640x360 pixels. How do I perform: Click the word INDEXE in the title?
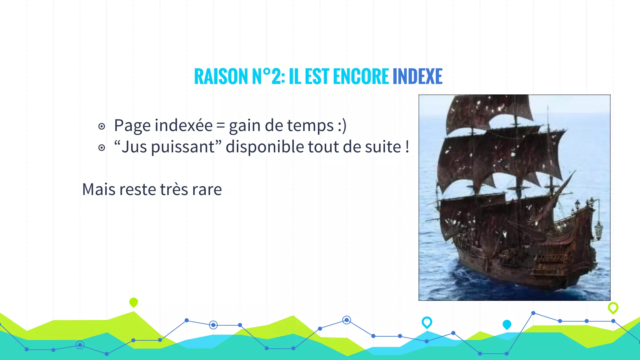[x=417, y=77]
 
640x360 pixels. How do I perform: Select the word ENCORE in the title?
[x=361, y=77]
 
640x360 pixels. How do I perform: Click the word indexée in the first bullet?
[x=183, y=125]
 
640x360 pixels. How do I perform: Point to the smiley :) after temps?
[x=342, y=126]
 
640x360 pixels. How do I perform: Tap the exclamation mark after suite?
[x=407, y=147]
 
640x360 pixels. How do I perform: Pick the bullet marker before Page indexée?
[x=102, y=127]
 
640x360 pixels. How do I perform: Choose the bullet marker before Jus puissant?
[x=102, y=147]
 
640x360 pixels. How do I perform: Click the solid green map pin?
[x=133, y=302]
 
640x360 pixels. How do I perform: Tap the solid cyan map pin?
[x=507, y=324]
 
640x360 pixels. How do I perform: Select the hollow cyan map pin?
[x=427, y=322]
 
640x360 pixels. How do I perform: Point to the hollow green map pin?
[x=613, y=307]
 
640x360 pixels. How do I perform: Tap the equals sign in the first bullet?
[x=221, y=126]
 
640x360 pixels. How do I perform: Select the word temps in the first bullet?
[x=310, y=126]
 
